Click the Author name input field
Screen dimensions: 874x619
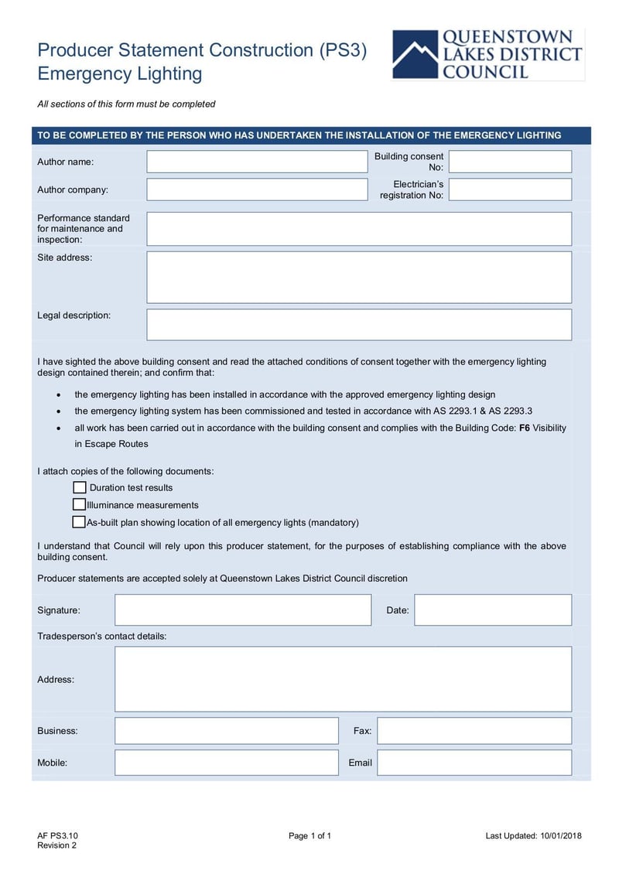tap(257, 162)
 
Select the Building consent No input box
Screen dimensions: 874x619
tap(510, 162)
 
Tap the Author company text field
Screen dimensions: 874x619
tap(257, 189)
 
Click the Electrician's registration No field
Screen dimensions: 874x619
tap(510, 189)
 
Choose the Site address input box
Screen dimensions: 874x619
tap(359, 277)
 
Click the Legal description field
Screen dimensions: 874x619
tap(359, 325)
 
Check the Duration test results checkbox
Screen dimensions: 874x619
tap(80, 487)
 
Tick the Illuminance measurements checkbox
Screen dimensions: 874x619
tap(80, 505)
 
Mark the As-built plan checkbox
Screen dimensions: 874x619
tap(79, 522)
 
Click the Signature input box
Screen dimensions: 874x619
tap(243, 609)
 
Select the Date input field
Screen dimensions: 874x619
tap(493, 609)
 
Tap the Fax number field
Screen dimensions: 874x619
tap(474, 731)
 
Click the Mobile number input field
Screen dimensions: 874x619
tap(227, 763)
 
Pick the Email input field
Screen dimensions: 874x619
tap(474, 763)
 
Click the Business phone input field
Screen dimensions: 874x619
tap(227, 731)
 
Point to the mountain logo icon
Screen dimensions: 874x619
tap(415, 56)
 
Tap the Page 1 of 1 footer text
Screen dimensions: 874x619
tap(309, 835)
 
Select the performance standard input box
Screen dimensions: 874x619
tap(359, 229)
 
